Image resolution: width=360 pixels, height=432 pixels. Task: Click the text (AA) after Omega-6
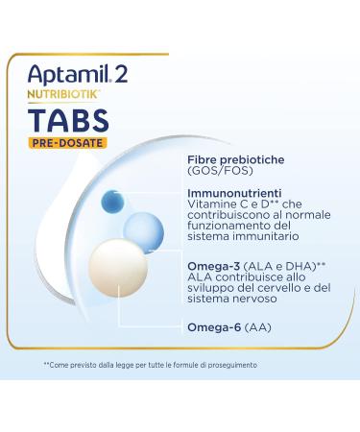[x=256, y=327]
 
